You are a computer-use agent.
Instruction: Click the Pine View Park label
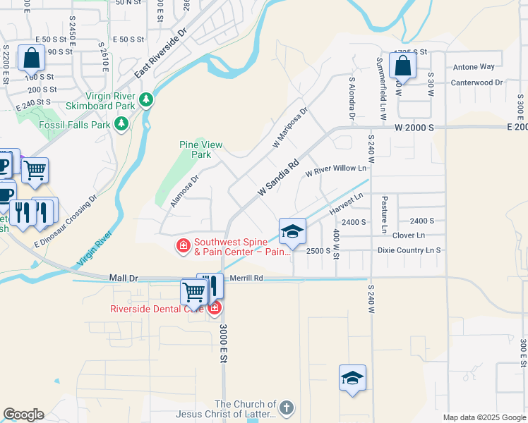(201, 149)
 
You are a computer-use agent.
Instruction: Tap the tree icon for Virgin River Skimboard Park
(146, 99)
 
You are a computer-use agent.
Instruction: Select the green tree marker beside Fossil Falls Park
(121, 125)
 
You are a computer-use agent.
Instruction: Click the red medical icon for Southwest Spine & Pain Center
(183, 245)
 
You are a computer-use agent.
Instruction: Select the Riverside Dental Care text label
(156, 308)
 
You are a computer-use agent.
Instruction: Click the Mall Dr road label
(124, 278)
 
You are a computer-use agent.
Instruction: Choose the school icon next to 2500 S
(292, 231)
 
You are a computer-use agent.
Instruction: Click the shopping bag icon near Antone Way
(402, 66)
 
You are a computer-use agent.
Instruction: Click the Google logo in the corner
(23, 415)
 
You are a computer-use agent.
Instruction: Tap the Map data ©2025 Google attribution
(484, 417)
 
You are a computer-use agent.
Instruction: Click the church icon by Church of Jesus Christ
(286, 407)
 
